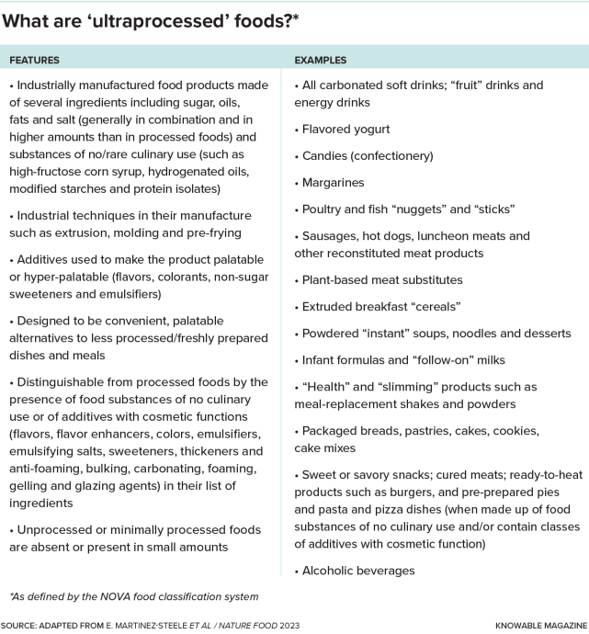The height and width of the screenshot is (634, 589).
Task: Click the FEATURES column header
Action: [35, 60]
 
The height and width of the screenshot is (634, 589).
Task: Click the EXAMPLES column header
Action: [321, 60]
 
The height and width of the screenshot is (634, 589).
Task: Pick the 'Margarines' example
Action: [333, 182]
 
